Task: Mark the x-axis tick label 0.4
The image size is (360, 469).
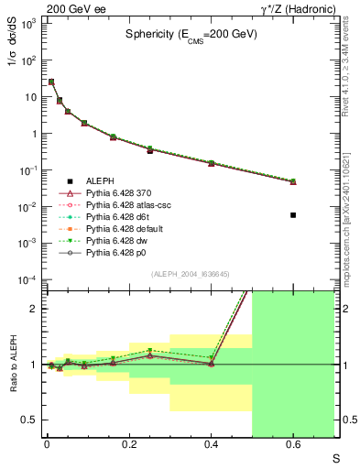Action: point(211,446)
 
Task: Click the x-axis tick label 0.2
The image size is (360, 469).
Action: point(129,446)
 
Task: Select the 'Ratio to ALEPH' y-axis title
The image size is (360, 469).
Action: point(12,364)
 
